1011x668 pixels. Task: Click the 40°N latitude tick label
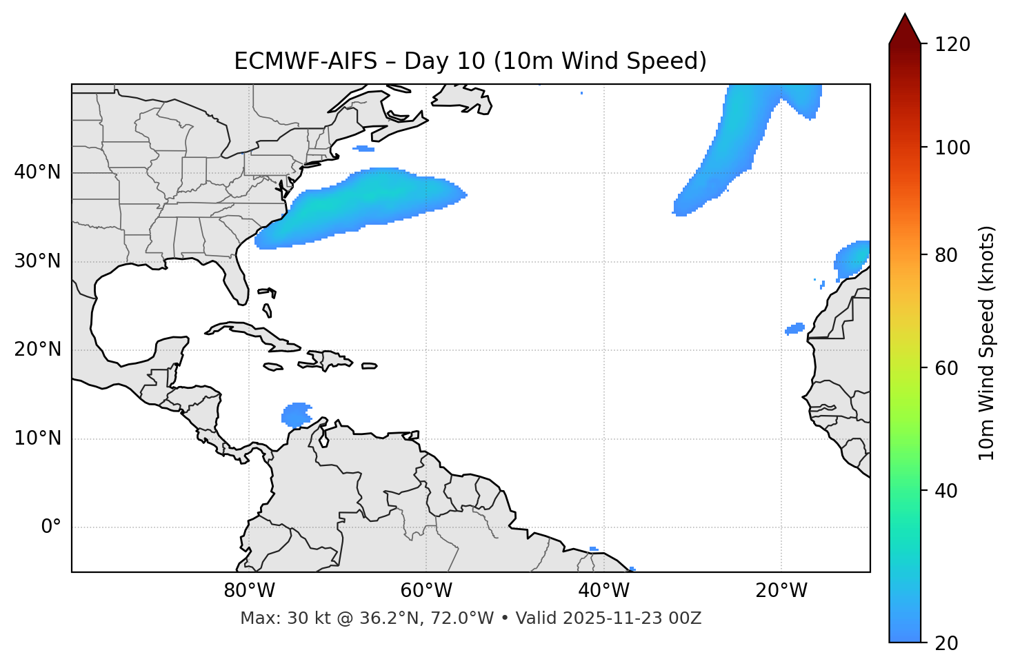point(37,172)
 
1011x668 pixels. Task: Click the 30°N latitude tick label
point(37,261)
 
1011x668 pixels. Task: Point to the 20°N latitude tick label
point(37,350)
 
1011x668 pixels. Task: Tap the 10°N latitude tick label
point(37,438)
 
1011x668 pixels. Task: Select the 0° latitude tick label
point(51,527)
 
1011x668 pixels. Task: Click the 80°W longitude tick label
point(249,591)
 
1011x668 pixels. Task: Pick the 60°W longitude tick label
point(426,591)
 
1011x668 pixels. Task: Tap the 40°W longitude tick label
point(603,591)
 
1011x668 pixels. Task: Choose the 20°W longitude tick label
point(781,591)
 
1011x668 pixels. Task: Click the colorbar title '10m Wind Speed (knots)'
point(988,343)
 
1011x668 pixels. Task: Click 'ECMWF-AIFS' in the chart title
point(306,61)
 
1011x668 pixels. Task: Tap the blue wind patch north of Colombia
point(297,415)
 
